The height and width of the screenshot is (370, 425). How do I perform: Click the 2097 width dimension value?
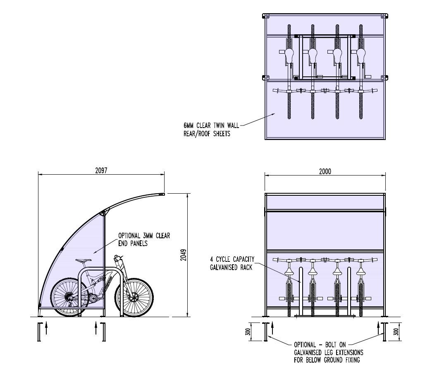click(x=101, y=170)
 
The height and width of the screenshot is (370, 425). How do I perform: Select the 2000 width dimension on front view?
click(x=325, y=171)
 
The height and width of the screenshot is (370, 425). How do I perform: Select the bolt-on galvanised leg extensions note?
click(x=328, y=352)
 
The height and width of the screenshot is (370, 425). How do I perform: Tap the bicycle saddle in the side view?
click(x=84, y=261)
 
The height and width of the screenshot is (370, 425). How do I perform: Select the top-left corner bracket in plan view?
click(x=266, y=17)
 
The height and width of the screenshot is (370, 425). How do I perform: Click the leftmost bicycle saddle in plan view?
click(x=289, y=54)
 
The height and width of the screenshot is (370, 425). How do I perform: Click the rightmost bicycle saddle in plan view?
click(x=361, y=54)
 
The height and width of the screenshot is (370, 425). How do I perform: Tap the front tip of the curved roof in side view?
click(x=162, y=194)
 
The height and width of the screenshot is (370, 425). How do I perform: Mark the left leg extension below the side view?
click(x=39, y=332)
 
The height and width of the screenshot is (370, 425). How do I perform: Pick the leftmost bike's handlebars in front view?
click(x=289, y=260)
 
